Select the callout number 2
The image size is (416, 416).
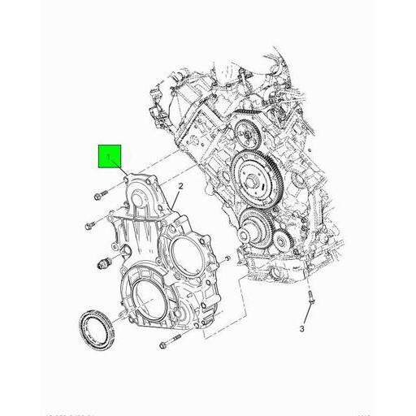point(180,187)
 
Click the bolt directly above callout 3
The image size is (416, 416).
point(310,301)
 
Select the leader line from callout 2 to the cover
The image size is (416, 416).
point(172,200)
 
